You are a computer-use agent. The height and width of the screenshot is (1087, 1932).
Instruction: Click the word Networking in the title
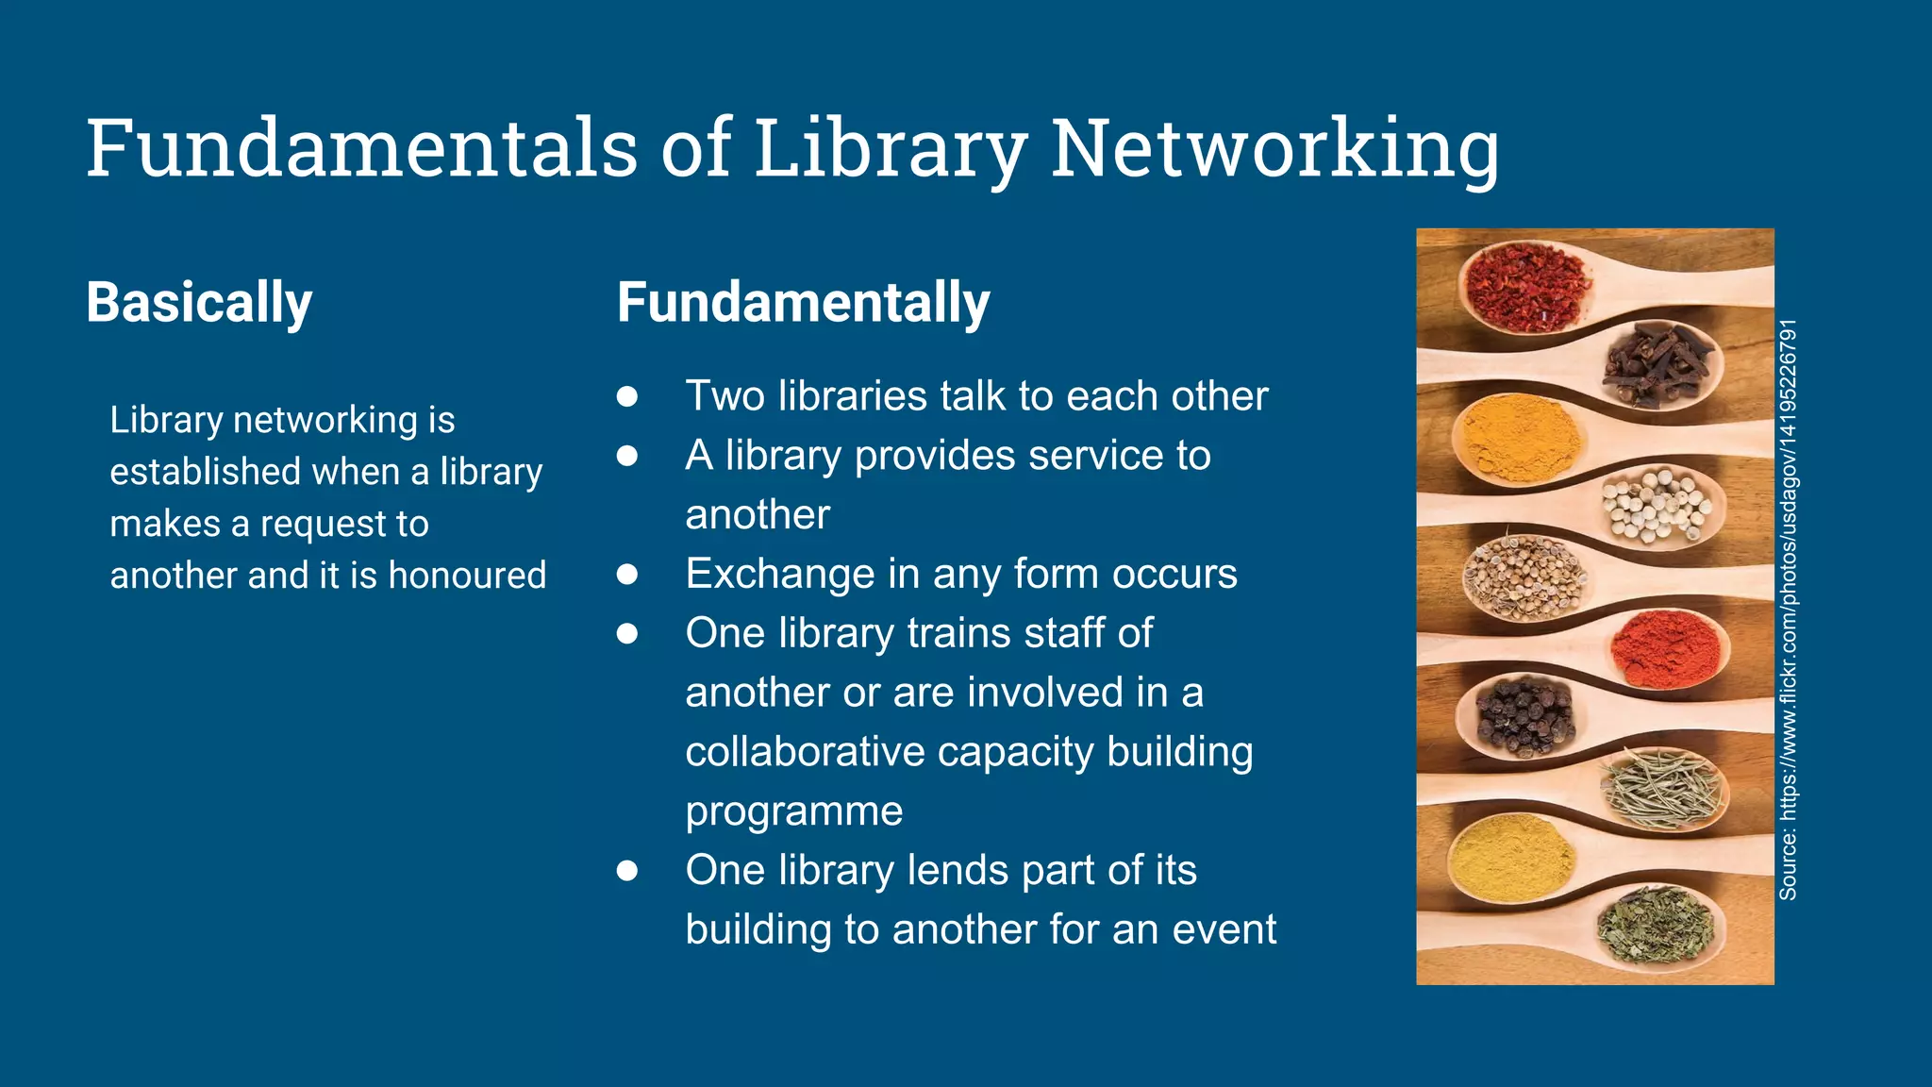[1274, 148]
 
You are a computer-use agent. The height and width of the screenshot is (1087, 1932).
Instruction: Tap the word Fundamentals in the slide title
[362, 148]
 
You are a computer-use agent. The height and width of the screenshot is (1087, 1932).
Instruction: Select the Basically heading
[199, 303]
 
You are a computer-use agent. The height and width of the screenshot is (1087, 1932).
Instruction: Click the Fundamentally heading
[803, 303]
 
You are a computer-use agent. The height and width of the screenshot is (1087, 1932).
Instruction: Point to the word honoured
[467, 576]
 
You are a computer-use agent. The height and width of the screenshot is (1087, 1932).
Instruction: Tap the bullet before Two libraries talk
[627, 396]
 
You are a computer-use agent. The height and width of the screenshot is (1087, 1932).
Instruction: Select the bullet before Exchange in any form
[627, 574]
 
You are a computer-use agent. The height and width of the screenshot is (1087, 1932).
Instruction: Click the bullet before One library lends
[627, 870]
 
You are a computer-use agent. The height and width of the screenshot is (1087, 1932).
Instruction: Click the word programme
[794, 811]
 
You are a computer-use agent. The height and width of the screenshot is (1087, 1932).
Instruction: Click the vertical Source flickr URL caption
[1789, 610]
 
